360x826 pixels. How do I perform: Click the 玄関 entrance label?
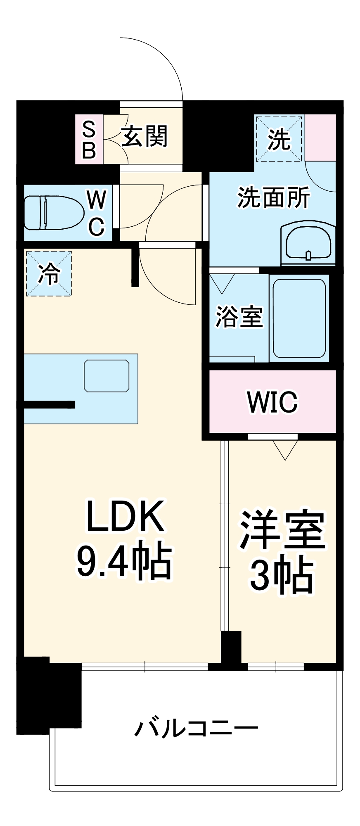point(144,137)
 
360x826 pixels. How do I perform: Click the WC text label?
point(97,213)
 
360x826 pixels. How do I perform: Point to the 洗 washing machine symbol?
point(279,139)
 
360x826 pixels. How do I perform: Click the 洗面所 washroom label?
point(273,198)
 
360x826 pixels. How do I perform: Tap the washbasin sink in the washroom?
point(308,243)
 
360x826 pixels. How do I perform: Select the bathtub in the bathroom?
point(299,318)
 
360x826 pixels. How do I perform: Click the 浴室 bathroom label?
point(239,317)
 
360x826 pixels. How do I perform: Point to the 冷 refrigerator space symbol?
point(49,273)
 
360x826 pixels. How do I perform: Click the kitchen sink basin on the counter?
point(107,376)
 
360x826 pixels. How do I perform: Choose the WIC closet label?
point(272,401)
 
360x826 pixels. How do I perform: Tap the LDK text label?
point(125,516)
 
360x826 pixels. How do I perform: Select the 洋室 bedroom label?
point(283,531)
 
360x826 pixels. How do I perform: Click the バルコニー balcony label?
point(197,729)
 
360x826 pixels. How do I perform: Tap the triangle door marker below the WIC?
point(285,449)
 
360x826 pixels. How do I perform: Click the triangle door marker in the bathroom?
point(222,283)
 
